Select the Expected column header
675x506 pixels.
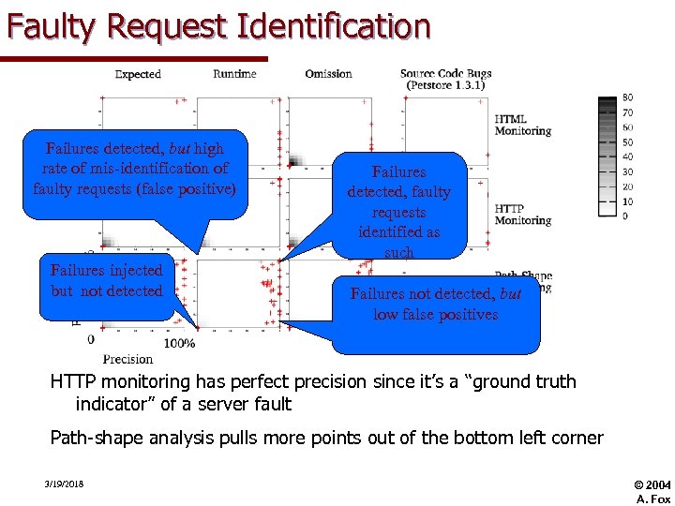[138, 74]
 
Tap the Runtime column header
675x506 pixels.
[234, 74]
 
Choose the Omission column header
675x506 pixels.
[328, 74]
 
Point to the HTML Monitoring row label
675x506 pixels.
[522, 125]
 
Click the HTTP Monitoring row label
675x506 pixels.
[522, 215]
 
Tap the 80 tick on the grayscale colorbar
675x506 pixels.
[627, 97]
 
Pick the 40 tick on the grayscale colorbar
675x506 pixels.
[627, 156]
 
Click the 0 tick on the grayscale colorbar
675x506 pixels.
[625, 216]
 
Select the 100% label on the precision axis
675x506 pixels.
[179, 343]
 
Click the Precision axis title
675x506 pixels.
[127, 359]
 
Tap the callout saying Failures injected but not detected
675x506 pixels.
[107, 281]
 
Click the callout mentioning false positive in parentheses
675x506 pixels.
[134, 169]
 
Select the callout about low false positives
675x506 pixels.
[436, 305]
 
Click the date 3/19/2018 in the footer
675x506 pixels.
[63, 484]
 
